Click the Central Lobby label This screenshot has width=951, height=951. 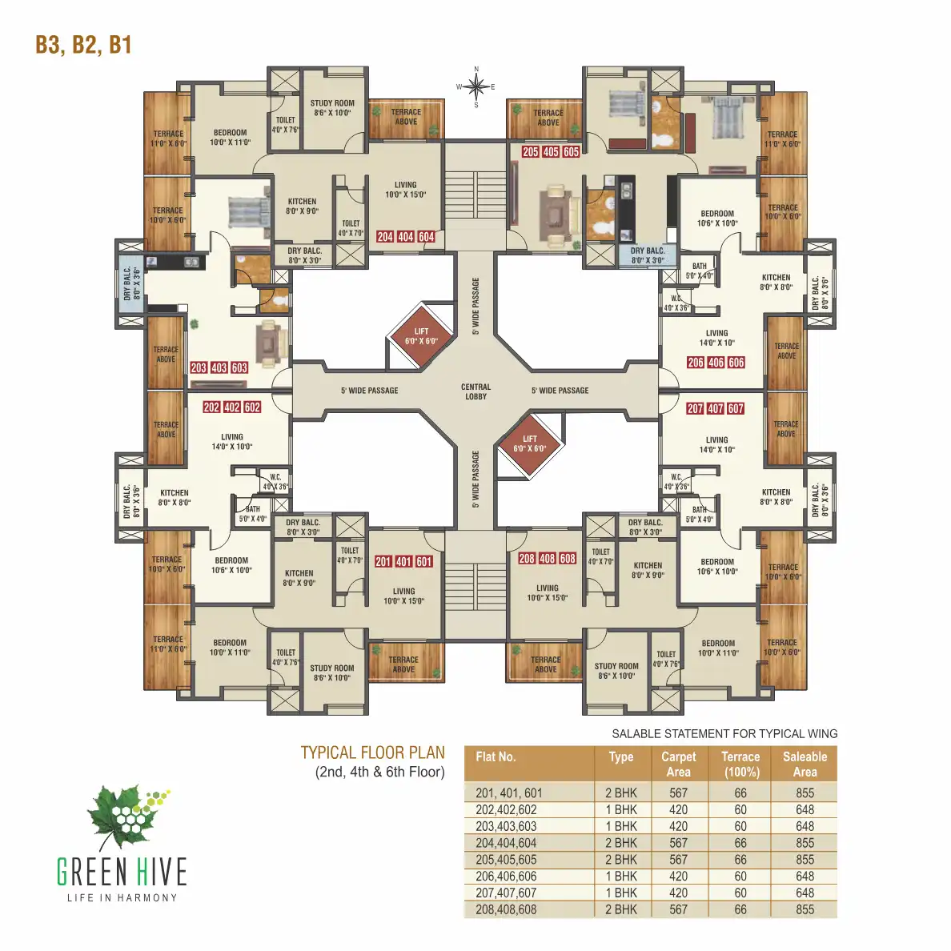[475, 391]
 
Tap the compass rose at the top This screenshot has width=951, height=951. [475, 86]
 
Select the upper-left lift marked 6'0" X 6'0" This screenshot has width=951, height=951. [421, 336]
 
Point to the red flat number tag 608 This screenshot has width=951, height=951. [568, 559]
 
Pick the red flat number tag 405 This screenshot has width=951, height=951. [551, 152]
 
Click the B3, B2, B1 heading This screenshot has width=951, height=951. [83, 45]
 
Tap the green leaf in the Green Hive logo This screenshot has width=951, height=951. [120, 817]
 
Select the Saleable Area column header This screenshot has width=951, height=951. [805, 764]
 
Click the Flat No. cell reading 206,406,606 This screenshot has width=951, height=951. [506, 877]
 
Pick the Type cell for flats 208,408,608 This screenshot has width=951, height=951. [621, 909]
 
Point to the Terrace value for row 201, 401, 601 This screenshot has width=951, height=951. [740, 793]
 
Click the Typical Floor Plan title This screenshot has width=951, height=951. [372, 752]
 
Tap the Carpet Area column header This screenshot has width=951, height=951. [678, 764]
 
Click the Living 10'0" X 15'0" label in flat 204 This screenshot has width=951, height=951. [405, 190]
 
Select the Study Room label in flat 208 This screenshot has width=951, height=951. [616, 671]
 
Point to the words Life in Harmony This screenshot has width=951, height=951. [122, 897]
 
